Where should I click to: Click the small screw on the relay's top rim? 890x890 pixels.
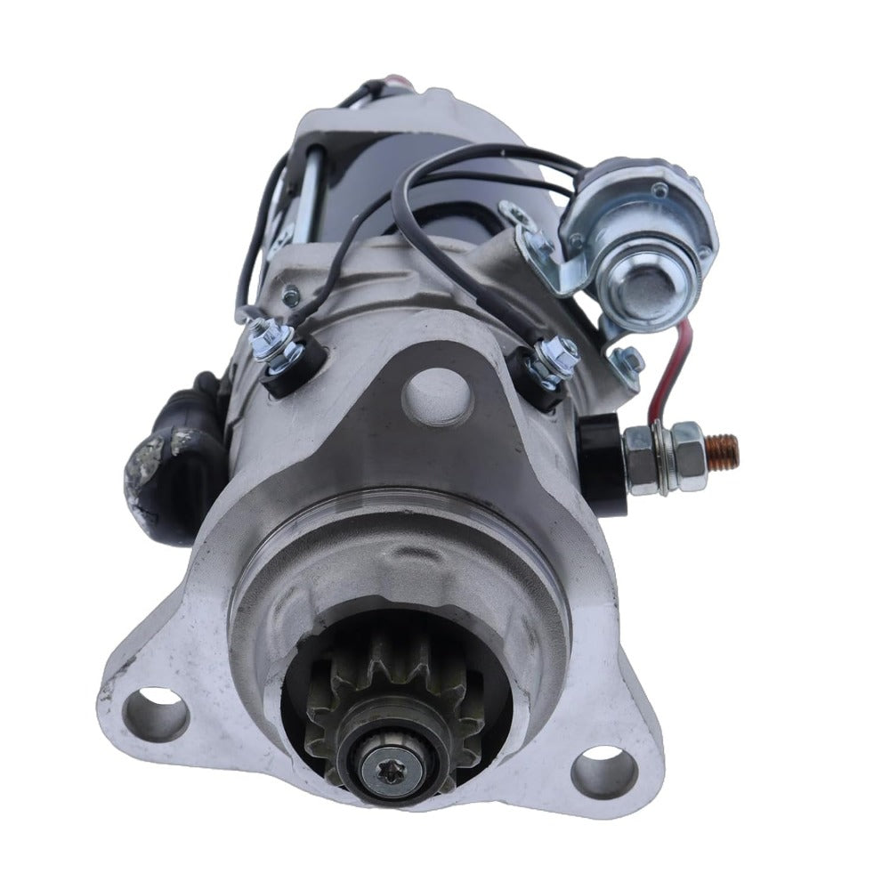(659, 190)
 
